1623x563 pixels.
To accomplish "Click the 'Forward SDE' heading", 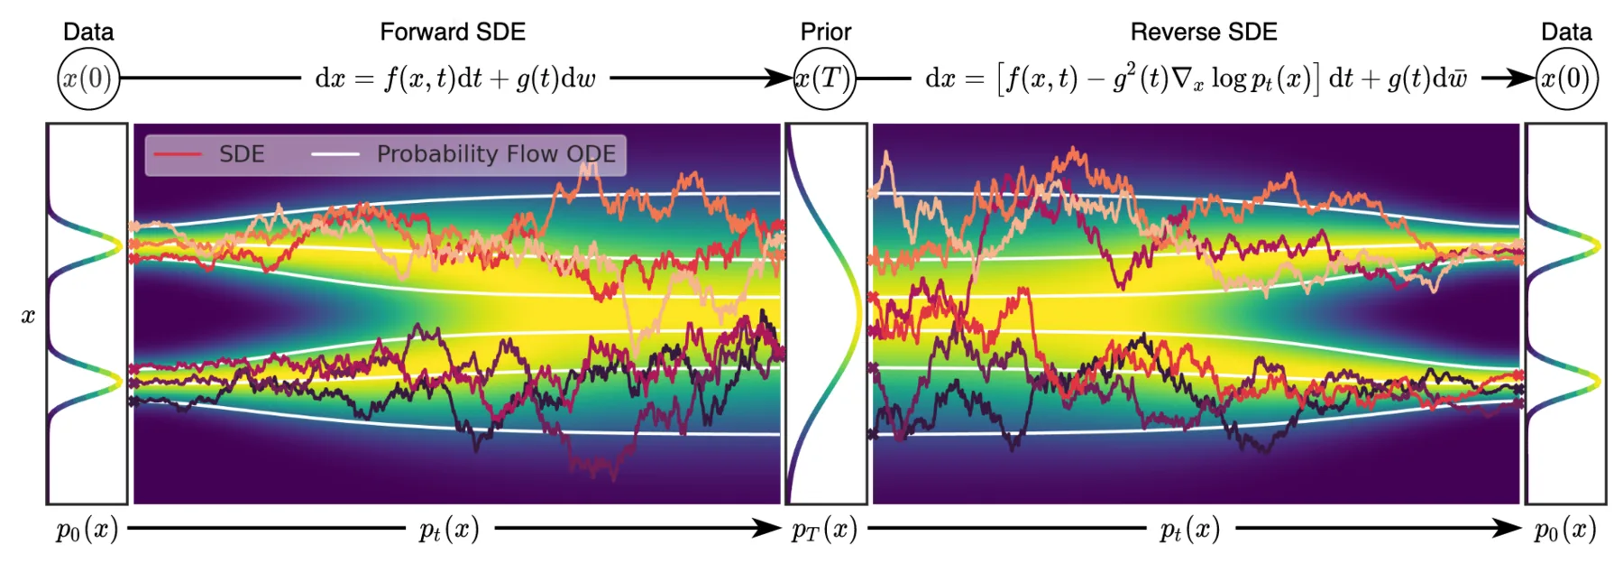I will pos(452,32).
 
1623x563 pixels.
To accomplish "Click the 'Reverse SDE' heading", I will pos(1203,32).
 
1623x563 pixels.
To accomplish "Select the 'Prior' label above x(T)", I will pos(825,32).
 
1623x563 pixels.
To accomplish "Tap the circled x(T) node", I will pos(825,78).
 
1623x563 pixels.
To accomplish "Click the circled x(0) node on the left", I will pos(88,78).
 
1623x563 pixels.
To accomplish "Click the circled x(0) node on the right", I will pos(1566,78).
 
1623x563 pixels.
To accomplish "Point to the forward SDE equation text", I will pos(455,78).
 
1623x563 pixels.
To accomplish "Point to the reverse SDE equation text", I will pos(1197,78).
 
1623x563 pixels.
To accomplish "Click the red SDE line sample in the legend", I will pos(178,154).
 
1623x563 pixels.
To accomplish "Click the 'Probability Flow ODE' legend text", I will pos(496,154).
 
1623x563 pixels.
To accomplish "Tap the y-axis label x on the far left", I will pos(28,316).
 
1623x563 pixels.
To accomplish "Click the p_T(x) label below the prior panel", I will pos(824,530).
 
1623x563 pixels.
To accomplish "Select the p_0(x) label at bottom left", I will pos(87,530).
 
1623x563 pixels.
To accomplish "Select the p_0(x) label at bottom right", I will pos(1565,530).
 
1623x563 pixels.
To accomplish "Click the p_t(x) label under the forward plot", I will pos(448,530).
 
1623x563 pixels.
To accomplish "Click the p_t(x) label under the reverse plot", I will pos(1190,530).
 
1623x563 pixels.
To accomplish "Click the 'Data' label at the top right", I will pos(1566,32).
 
